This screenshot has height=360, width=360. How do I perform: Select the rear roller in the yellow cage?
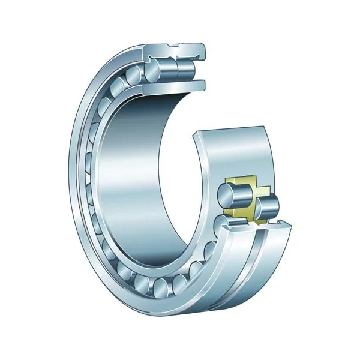click(x=267, y=207)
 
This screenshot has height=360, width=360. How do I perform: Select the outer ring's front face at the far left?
click(x=75, y=180)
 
